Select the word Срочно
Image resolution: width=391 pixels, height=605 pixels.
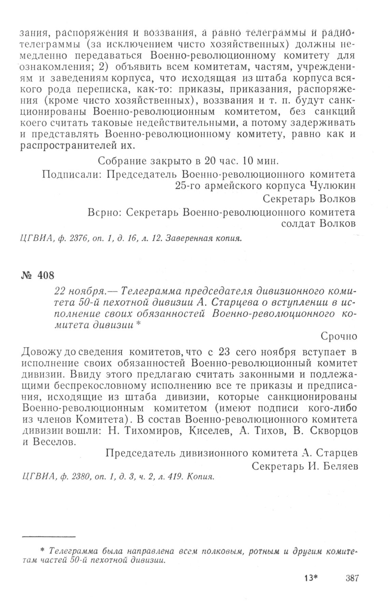pyautogui.click(x=339, y=336)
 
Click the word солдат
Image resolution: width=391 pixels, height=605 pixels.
pyautogui.click(x=298, y=223)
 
